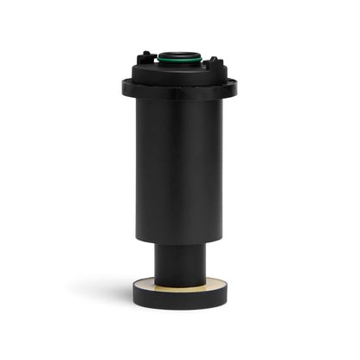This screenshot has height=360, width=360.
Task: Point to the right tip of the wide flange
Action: (x=235, y=86)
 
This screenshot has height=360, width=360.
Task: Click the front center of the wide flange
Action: (x=179, y=93)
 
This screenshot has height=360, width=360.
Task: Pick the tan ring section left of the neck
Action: (x=145, y=282)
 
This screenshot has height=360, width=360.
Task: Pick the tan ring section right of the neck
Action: (x=215, y=282)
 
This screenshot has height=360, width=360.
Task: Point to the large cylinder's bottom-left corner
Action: (x=137, y=239)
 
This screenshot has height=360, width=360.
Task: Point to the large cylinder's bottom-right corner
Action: (x=222, y=239)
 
